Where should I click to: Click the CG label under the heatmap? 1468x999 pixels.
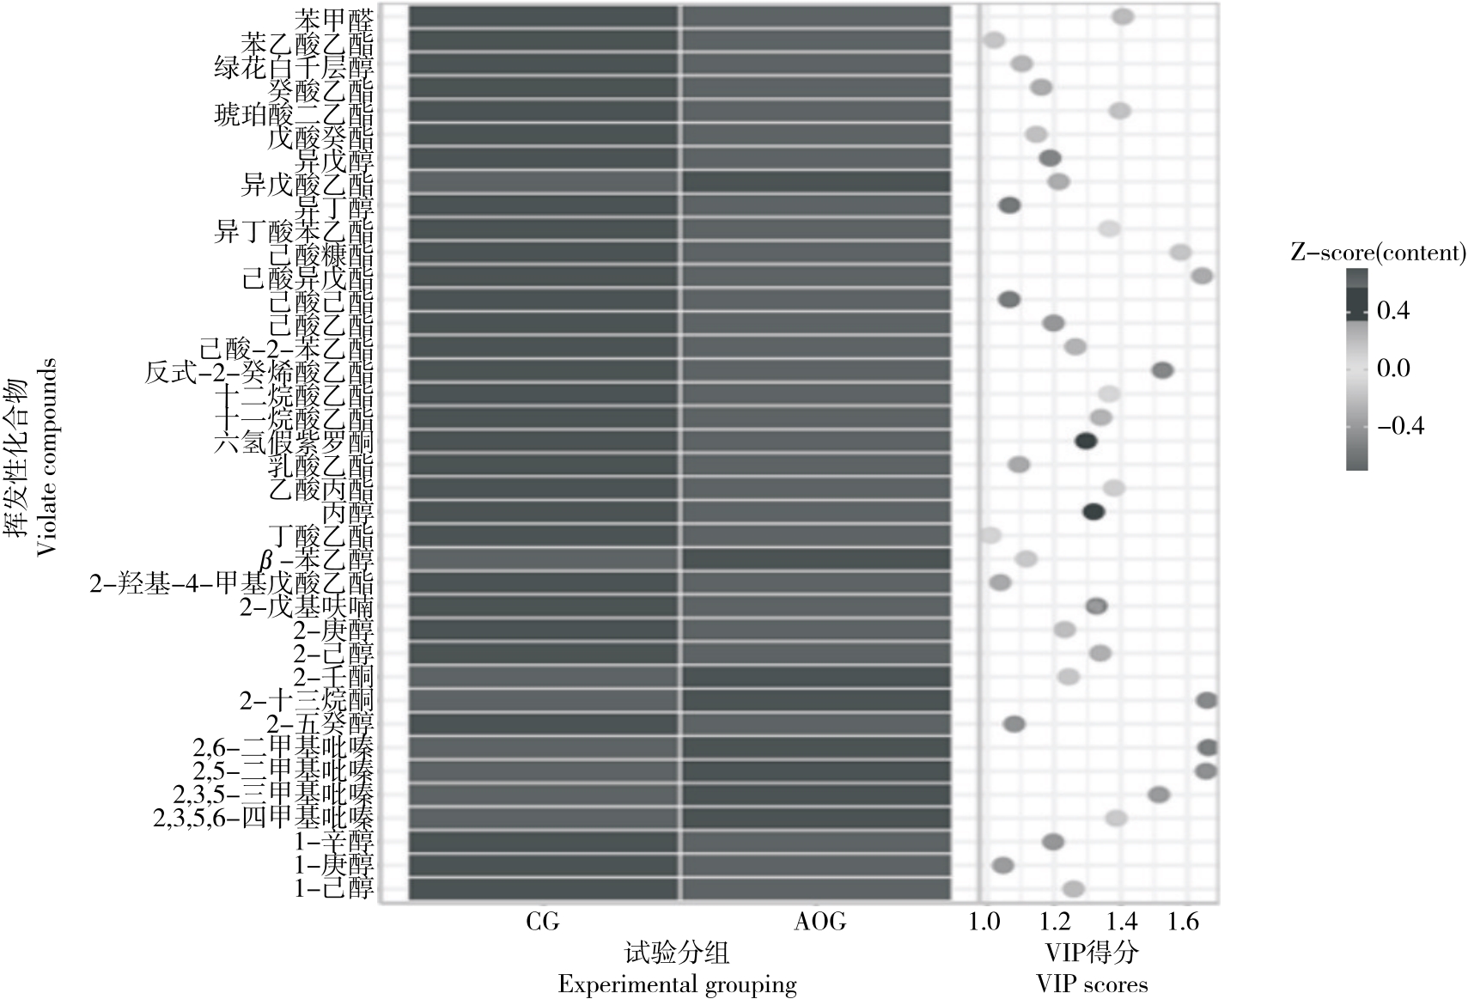pyautogui.click(x=542, y=923)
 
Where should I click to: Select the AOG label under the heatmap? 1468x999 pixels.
pyautogui.click(x=819, y=923)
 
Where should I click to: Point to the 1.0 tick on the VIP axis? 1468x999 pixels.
pyautogui.click(x=984, y=923)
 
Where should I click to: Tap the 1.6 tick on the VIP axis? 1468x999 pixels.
pyautogui.click(x=1183, y=923)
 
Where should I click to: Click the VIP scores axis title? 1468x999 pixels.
pyautogui.click(x=1092, y=984)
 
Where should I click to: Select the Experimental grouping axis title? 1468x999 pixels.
pyautogui.click(x=677, y=984)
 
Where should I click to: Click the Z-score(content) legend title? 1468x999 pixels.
pyautogui.click(x=1377, y=252)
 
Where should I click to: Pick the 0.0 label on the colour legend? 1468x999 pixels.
pyautogui.click(x=1393, y=369)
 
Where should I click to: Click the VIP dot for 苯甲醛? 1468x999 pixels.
pyautogui.click(x=1123, y=17)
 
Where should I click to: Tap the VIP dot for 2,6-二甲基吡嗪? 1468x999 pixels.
pyautogui.click(x=1208, y=747)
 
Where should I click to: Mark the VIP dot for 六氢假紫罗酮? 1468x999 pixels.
pyautogui.click(x=1086, y=442)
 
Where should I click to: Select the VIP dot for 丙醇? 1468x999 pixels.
pyautogui.click(x=1093, y=512)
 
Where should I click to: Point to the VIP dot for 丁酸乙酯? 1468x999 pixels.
pyautogui.click(x=990, y=535)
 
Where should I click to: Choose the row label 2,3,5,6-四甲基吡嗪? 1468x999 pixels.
pyautogui.click(x=264, y=818)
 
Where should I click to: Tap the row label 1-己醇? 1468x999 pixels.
pyautogui.click(x=334, y=888)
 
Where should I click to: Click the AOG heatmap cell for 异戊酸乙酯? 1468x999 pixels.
pyautogui.click(x=816, y=182)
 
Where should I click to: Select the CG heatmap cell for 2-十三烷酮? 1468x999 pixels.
pyautogui.click(x=544, y=700)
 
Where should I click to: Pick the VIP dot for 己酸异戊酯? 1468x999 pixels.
pyautogui.click(x=1202, y=276)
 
